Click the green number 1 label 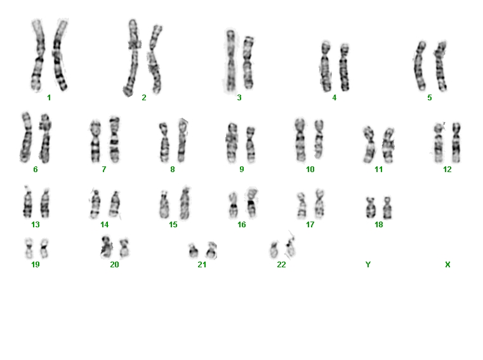click(x=49, y=98)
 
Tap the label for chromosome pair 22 click(x=281, y=265)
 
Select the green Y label click(x=367, y=265)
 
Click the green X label click(x=447, y=265)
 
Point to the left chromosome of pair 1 click(x=38, y=55)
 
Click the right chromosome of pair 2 click(x=155, y=59)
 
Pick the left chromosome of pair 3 click(x=230, y=61)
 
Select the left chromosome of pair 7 click(x=95, y=141)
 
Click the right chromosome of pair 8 click(x=182, y=140)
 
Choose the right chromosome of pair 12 click(x=456, y=142)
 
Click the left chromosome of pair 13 click(x=28, y=202)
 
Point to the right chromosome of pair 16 click(x=252, y=202)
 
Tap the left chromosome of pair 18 click(x=370, y=208)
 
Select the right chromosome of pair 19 click(x=44, y=248)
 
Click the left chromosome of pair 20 click(x=107, y=246)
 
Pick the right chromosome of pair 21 click(x=212, y=250)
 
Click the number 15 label click(x=173, y=225)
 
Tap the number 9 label click(x=242, y=170)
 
